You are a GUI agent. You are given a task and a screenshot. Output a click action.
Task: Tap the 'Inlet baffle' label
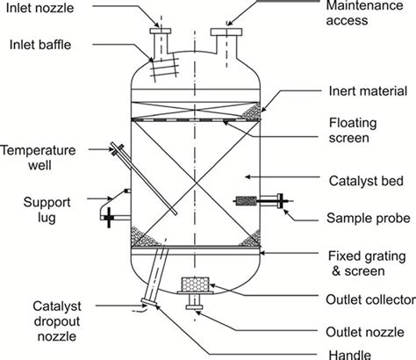[x=40, y=43]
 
